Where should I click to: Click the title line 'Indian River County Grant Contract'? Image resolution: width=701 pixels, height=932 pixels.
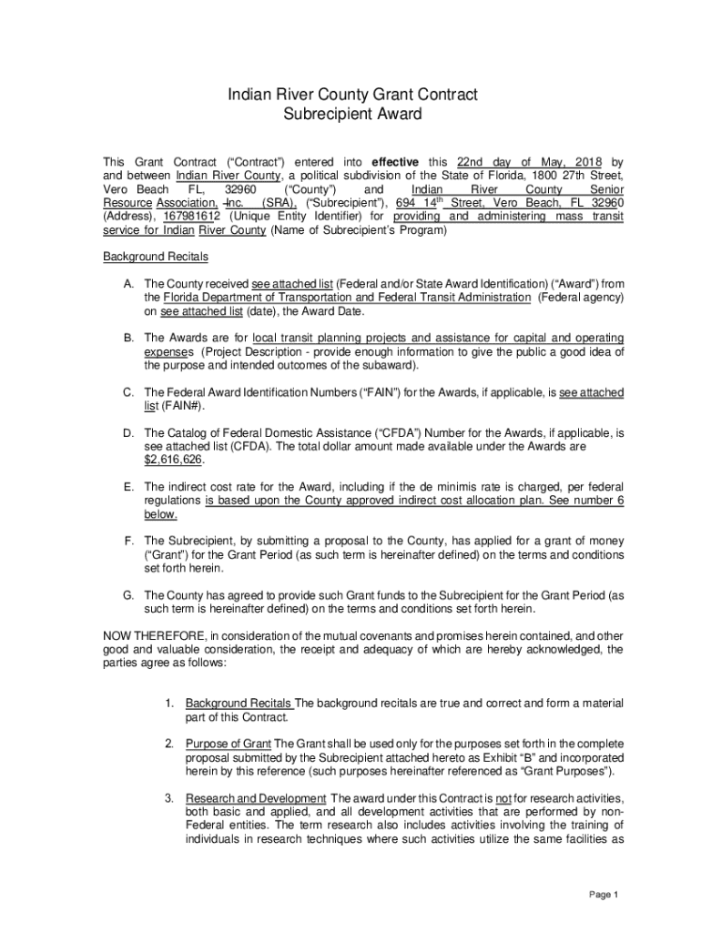tap(351, 95)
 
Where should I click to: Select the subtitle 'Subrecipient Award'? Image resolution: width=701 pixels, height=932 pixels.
tap(351, 115)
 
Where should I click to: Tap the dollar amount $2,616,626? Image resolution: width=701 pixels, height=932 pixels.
tap(174, 461)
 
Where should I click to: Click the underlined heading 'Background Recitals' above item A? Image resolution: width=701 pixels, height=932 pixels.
tap(155, 257)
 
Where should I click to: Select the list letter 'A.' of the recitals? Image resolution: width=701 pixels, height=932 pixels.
tap(130, 284)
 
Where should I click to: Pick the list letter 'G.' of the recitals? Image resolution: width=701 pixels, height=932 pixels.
tap(130, 596)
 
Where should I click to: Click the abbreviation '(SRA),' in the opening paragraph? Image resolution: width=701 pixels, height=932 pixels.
tap(279, 203)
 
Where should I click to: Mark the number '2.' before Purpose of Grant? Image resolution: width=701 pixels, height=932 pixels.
tap(170, 744)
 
